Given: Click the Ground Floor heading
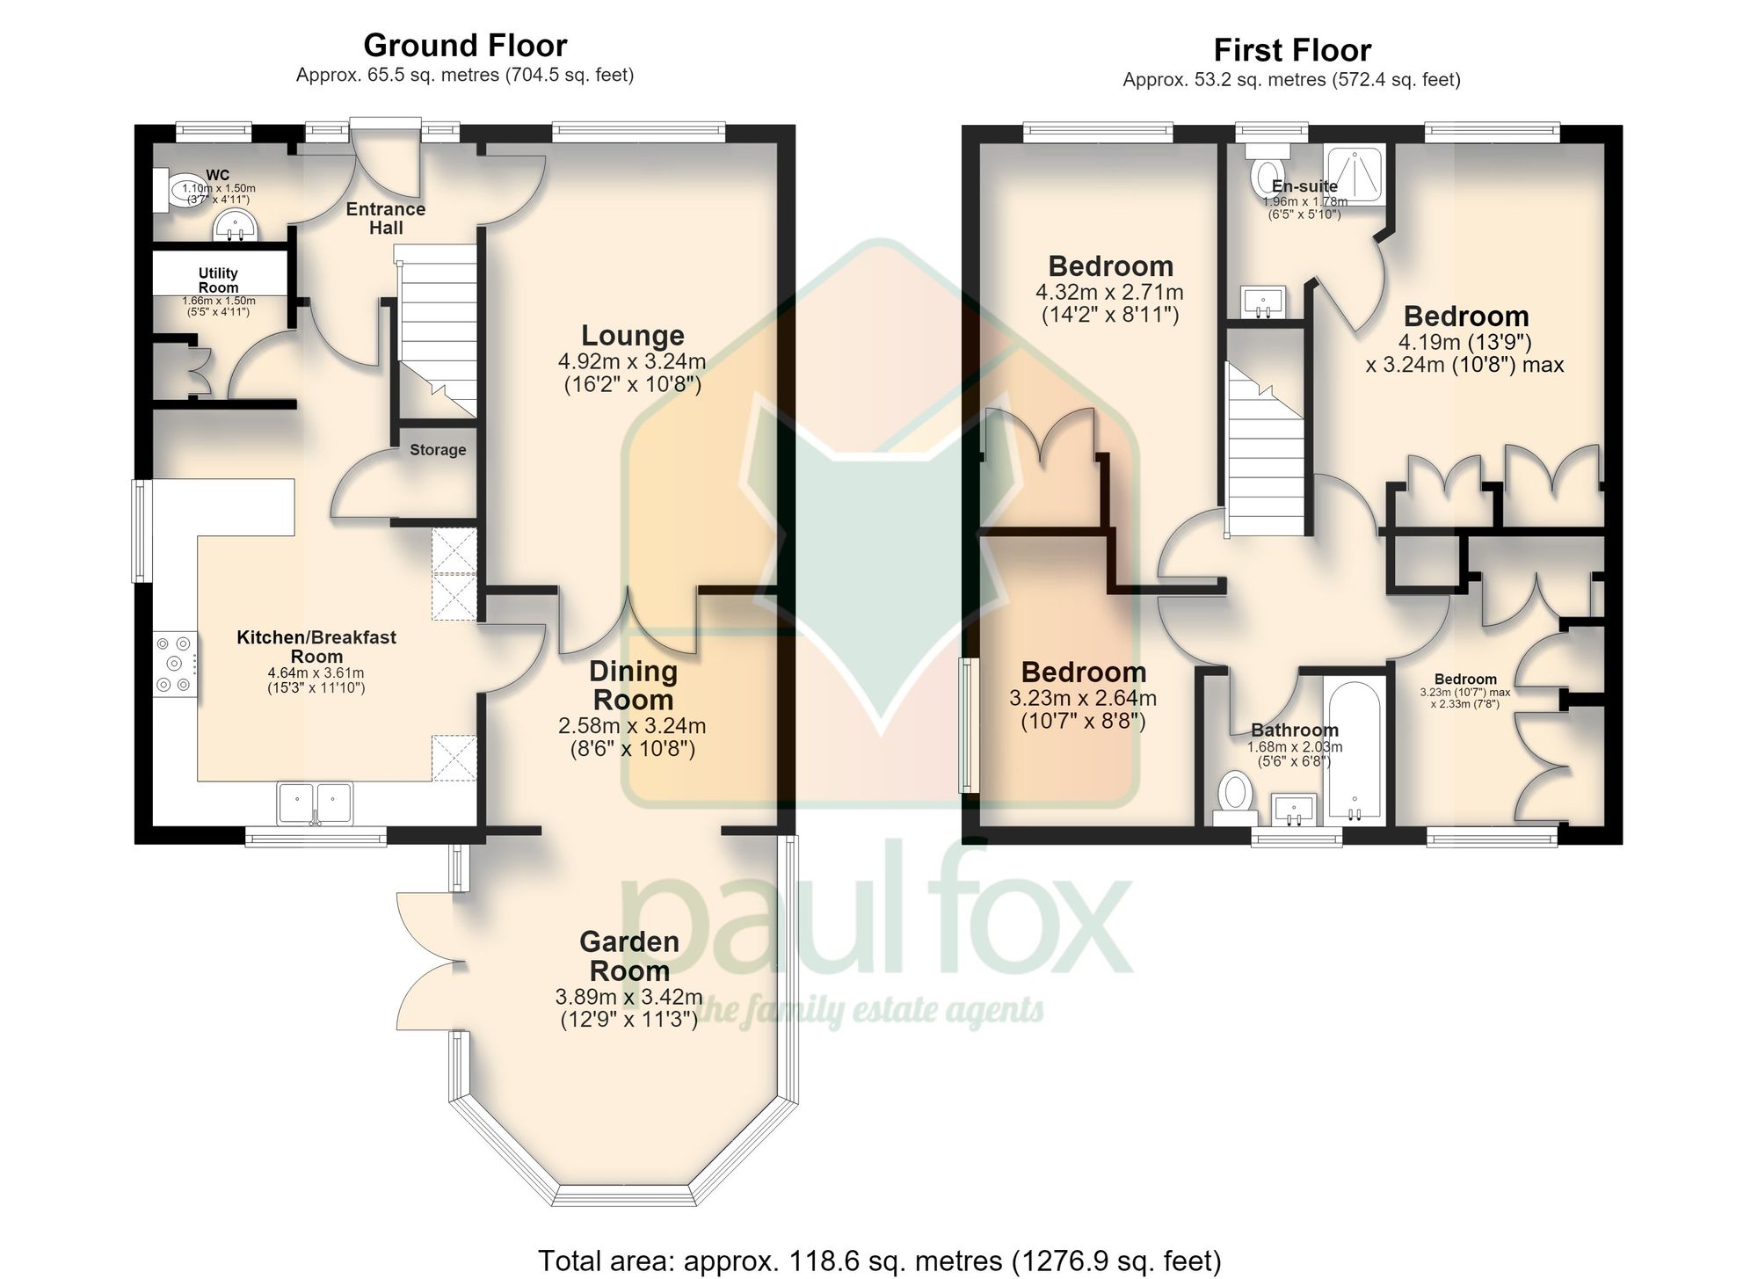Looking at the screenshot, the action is click(465, 45).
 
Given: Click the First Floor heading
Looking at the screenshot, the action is click(1291, 50).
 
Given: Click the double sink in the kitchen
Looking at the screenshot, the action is click(315, 803).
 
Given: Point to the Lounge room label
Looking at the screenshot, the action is click(633, 335).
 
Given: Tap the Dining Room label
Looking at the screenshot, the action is click(633, 686).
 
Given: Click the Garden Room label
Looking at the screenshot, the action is click(629, 956).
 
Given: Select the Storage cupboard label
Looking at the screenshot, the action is click(438, 450).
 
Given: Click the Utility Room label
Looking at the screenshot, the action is click(218, 280).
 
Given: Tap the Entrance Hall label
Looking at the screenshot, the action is click(386, 218).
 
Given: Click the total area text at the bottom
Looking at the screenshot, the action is click(879, 1261).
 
